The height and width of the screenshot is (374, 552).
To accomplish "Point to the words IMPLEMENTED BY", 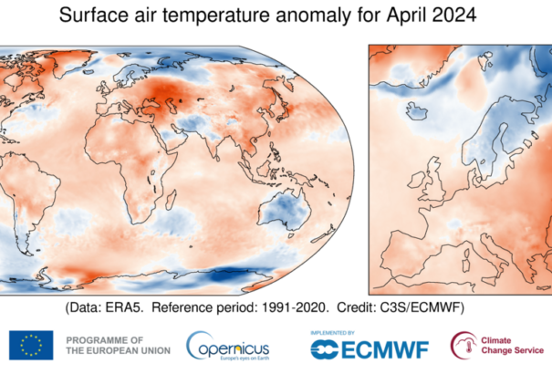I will (335, 332).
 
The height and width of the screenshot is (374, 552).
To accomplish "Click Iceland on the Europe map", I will (419, 114).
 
